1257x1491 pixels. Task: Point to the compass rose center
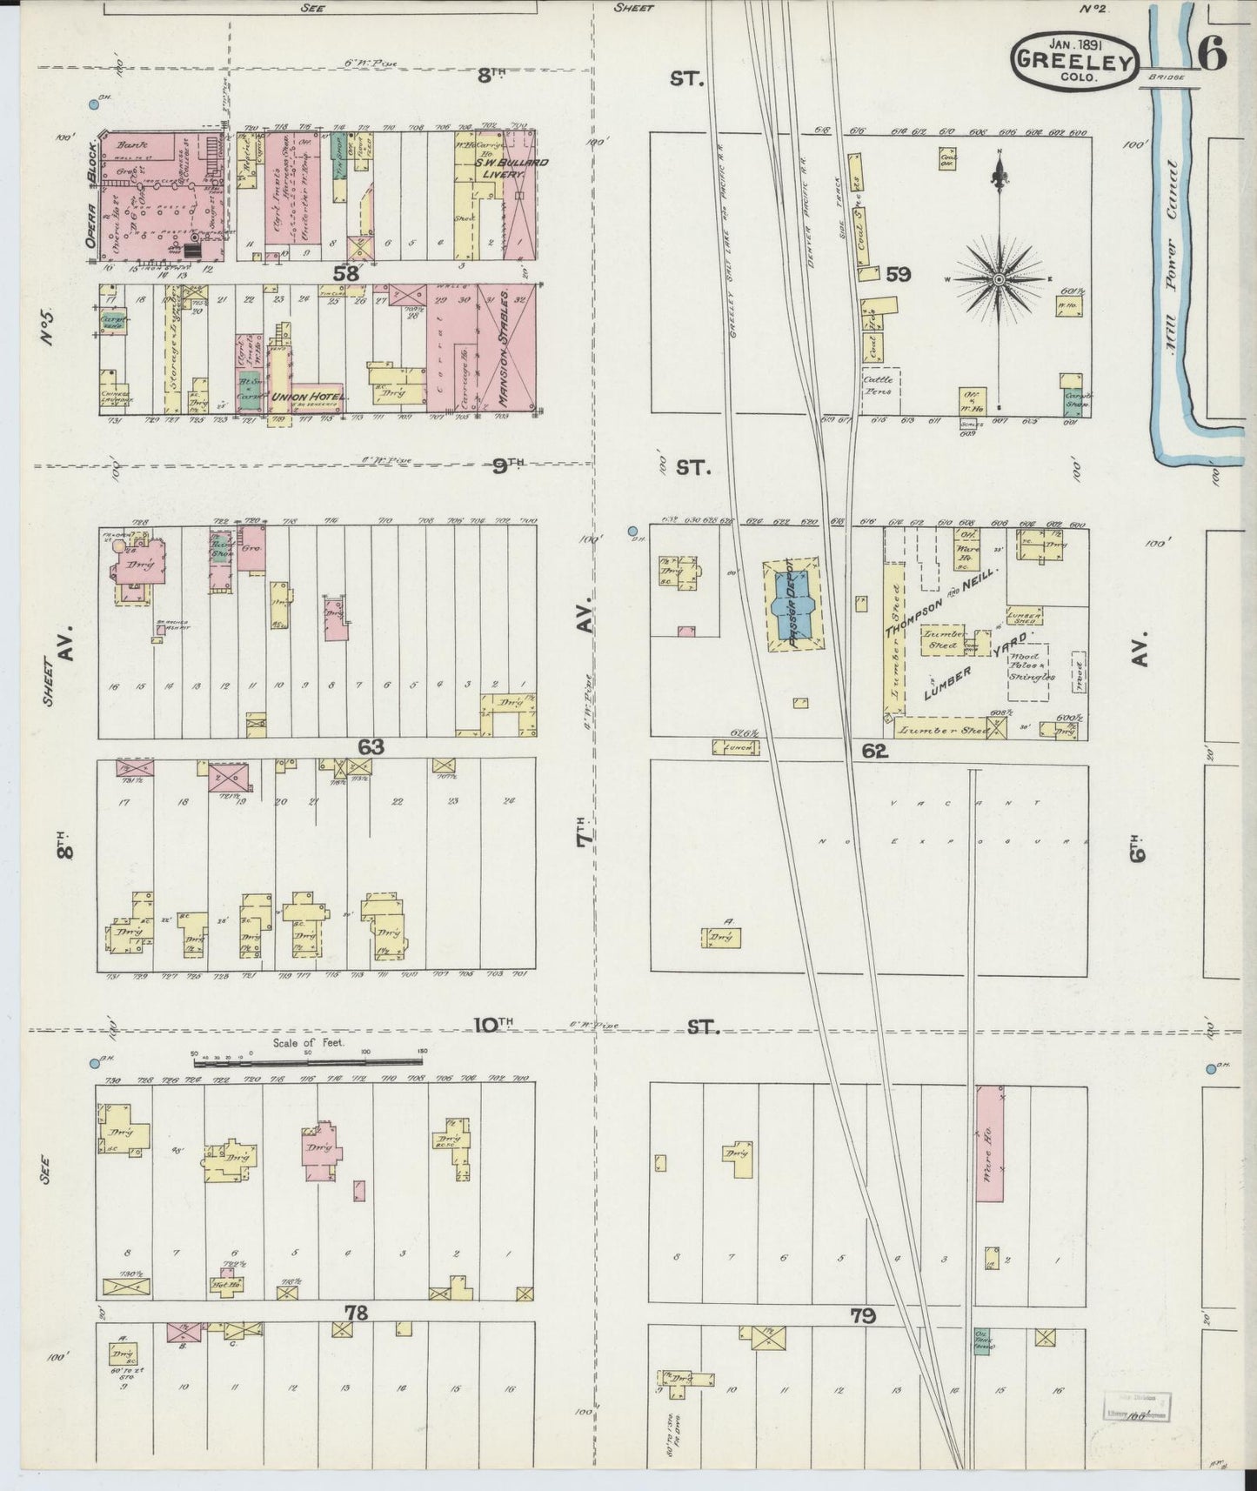1000,279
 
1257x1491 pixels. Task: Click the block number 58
344,273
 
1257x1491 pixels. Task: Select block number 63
371,746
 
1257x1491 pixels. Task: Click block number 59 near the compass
898,274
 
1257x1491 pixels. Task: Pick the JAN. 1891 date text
1075,43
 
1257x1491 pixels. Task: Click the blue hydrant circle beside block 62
632,531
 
